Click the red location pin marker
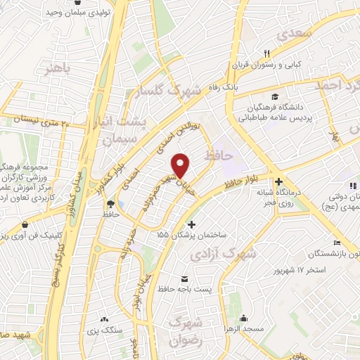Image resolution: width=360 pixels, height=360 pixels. [x=181, y=166]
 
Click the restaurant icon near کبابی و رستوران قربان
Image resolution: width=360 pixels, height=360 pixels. [x=266, y=53]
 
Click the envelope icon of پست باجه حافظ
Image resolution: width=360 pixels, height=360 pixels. [x=185, y=278]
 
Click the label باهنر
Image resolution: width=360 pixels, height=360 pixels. [x=57, y=69]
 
